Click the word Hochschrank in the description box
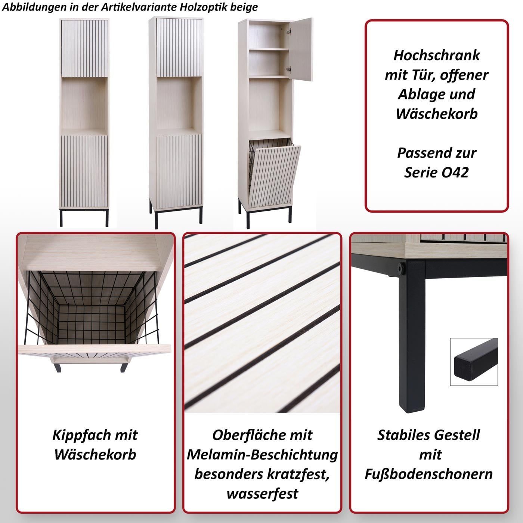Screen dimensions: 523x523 coord(436,55)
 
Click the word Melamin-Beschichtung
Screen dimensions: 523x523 coord(262,455)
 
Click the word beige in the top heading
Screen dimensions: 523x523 coord(244,7)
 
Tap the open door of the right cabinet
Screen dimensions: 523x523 coord(300,49)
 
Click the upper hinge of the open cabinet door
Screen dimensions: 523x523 coord(289,31)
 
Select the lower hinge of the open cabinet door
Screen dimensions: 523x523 coord(289,69)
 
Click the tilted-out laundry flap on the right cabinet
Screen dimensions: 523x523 coord(275,176)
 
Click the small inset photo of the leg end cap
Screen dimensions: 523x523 coord(474,362)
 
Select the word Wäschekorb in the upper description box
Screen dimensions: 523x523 coord(436,114)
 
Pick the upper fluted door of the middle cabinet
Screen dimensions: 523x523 coord(179,47)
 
